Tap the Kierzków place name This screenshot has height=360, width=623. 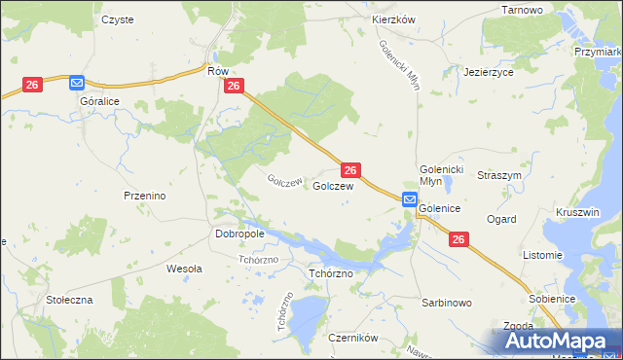click(x=394, y=19)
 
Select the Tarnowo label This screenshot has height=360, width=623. click(x=522, y=9)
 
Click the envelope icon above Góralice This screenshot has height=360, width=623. click(x=77, y=84)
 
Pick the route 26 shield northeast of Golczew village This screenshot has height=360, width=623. click(x=352, y=169)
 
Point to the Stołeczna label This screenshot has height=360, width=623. click(x=69, y=300)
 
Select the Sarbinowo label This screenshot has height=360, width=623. click(x=446, y=303)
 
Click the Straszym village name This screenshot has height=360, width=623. click(x=500, y=175)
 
